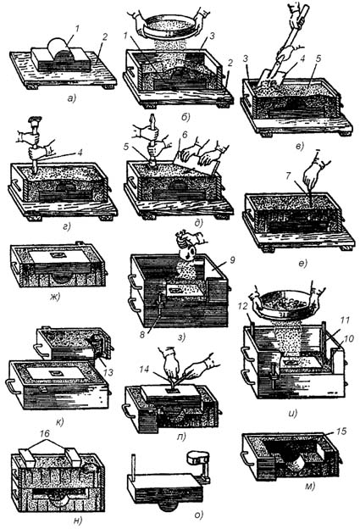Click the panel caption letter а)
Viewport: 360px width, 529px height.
click(x=72, y=98)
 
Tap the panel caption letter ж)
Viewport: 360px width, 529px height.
click(x=55, y=297)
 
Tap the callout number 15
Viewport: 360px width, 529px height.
click(x=341, y=432)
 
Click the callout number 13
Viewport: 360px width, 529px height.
click(x=108, y=372)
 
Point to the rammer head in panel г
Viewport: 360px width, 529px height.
click(x=35, y=120)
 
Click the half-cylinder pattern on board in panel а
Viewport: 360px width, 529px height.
click(x=61, y=51)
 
